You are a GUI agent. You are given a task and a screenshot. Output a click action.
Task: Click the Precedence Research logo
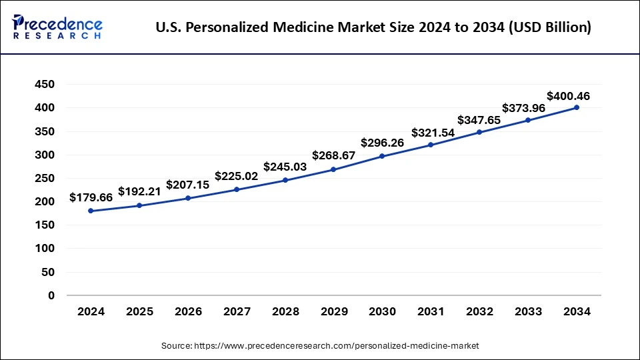pyautogui.click(x=57, y=27)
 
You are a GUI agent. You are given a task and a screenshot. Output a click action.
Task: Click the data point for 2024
pyautogui.click(x=91, y=211)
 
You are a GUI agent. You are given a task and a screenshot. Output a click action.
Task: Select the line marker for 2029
pyautogui.click(x=333, y=169)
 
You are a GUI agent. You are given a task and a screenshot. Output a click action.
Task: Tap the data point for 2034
pyautogui.click(x=577, y=107)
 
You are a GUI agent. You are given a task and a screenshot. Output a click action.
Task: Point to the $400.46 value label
pyautogui.click(x=568, y=96)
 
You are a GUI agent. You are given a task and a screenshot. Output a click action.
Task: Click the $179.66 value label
pyautogui.click(x=91, y=198)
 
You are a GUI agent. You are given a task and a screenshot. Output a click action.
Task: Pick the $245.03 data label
pyautogui.click(x=285, y=166)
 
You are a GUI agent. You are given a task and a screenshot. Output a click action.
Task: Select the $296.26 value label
pyautogui.click(x=383, y=143)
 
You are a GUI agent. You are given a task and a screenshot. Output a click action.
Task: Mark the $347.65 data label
pyautogui.click(x=479, y=120)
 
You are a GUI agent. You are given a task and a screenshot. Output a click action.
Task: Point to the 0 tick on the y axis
pyautogui.click(x=51, y=295)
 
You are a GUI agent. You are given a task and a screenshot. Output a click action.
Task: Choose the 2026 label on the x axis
pyautogui.click(x=188, y=311)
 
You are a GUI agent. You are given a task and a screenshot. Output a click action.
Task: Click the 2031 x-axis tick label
pyautogui.click(x=431, y=311)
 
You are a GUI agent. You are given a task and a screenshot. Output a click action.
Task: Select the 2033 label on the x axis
pyautogui.click(x=528, y=311)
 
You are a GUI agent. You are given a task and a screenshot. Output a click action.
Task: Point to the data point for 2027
pyautogui.click(x=237, y=189)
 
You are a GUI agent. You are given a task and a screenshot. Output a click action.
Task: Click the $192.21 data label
pyautogui.click(x=140, y=191)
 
